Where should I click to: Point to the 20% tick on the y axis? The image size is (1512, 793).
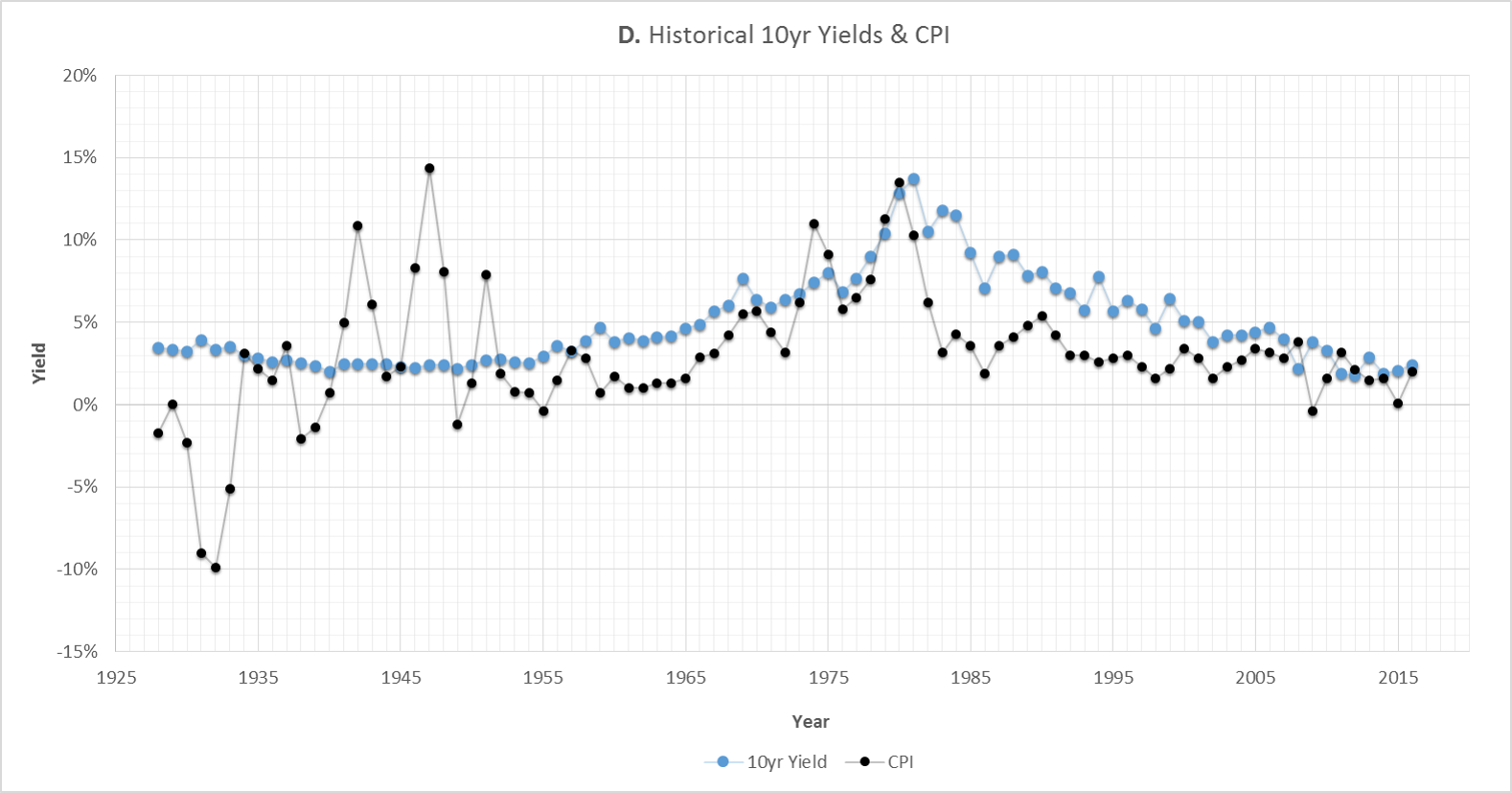pyautogui.click(x=81, y=76)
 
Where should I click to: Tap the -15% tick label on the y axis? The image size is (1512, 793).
pyautogui.click(x=78, y=651)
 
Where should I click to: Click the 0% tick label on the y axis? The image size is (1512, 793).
pyautogui.click(x=85, y=405)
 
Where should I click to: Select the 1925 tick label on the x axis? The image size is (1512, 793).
pyautogui.click(x=115, y=677)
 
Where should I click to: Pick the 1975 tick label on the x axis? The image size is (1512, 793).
pyautogui.click(x=828, y=677)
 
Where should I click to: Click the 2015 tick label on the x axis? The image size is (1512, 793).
pyautogui.click(x=1398, y=677)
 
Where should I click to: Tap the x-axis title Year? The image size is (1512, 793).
pyautogui.click(x=811, y=721)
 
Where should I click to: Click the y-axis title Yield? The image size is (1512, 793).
pyautogui.click(x=39, y=363)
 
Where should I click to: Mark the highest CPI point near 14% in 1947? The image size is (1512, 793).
pyautogui.click(x=429, y=169)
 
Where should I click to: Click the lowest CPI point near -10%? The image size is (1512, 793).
pyautogui.click(x=216, y=568)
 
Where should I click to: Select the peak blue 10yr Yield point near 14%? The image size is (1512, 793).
pyautogui.click(x=914, y=179)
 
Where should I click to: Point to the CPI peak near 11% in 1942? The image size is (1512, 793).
pyautogui.click(x=357, y=226)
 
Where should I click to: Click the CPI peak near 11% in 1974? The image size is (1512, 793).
pyautogui.click(x=813, y=224)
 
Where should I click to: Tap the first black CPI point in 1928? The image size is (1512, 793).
pyautogui.click(x=158, y=433)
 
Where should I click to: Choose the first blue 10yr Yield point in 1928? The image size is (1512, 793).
pyautogui.click(x=158, y=348)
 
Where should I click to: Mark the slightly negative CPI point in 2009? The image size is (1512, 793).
pyautogui.click(x=1313, y=411)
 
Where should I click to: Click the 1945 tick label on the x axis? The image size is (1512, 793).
pyautogui.click(x=401, y=677)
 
